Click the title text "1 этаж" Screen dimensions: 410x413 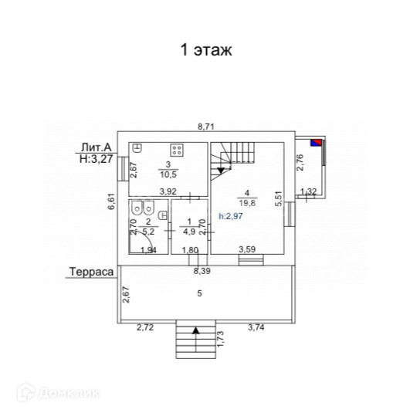[206, 49]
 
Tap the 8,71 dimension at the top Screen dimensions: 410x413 [206, 127]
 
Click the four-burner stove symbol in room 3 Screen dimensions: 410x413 [177, 150]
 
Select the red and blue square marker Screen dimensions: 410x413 [317, 143]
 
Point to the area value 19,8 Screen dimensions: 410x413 [247, 203]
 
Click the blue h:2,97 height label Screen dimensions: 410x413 [231, 216]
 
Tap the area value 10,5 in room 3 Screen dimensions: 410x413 [168, 174]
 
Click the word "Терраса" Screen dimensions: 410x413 [91, 272]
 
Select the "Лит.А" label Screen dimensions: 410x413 [97, 147]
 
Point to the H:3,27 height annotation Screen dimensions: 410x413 [97, 158]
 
